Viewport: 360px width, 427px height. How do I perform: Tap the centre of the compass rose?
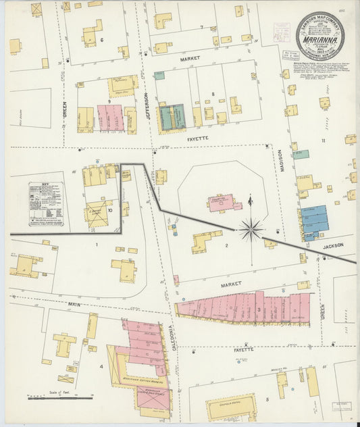pyautogui.click(x=251, y=230)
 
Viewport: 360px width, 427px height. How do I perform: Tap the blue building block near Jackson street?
pyautogui.click(x=315, y=220)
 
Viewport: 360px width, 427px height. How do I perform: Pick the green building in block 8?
pyautogui.click(x=172, y=116)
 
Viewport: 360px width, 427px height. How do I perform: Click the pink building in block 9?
pyautogui.click(x=109, y=118)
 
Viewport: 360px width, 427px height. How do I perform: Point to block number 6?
pyautogui.click(x=102, y=40)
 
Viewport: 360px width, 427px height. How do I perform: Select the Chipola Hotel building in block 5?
pyautogui.click(x=231, y=407)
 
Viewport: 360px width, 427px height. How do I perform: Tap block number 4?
pyautogui.click(x=102, y=367)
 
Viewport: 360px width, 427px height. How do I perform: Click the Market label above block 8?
pyautogui.click(x=191, y=59)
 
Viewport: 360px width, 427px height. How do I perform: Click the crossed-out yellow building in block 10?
pyautogui.click(x=96, y=211)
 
